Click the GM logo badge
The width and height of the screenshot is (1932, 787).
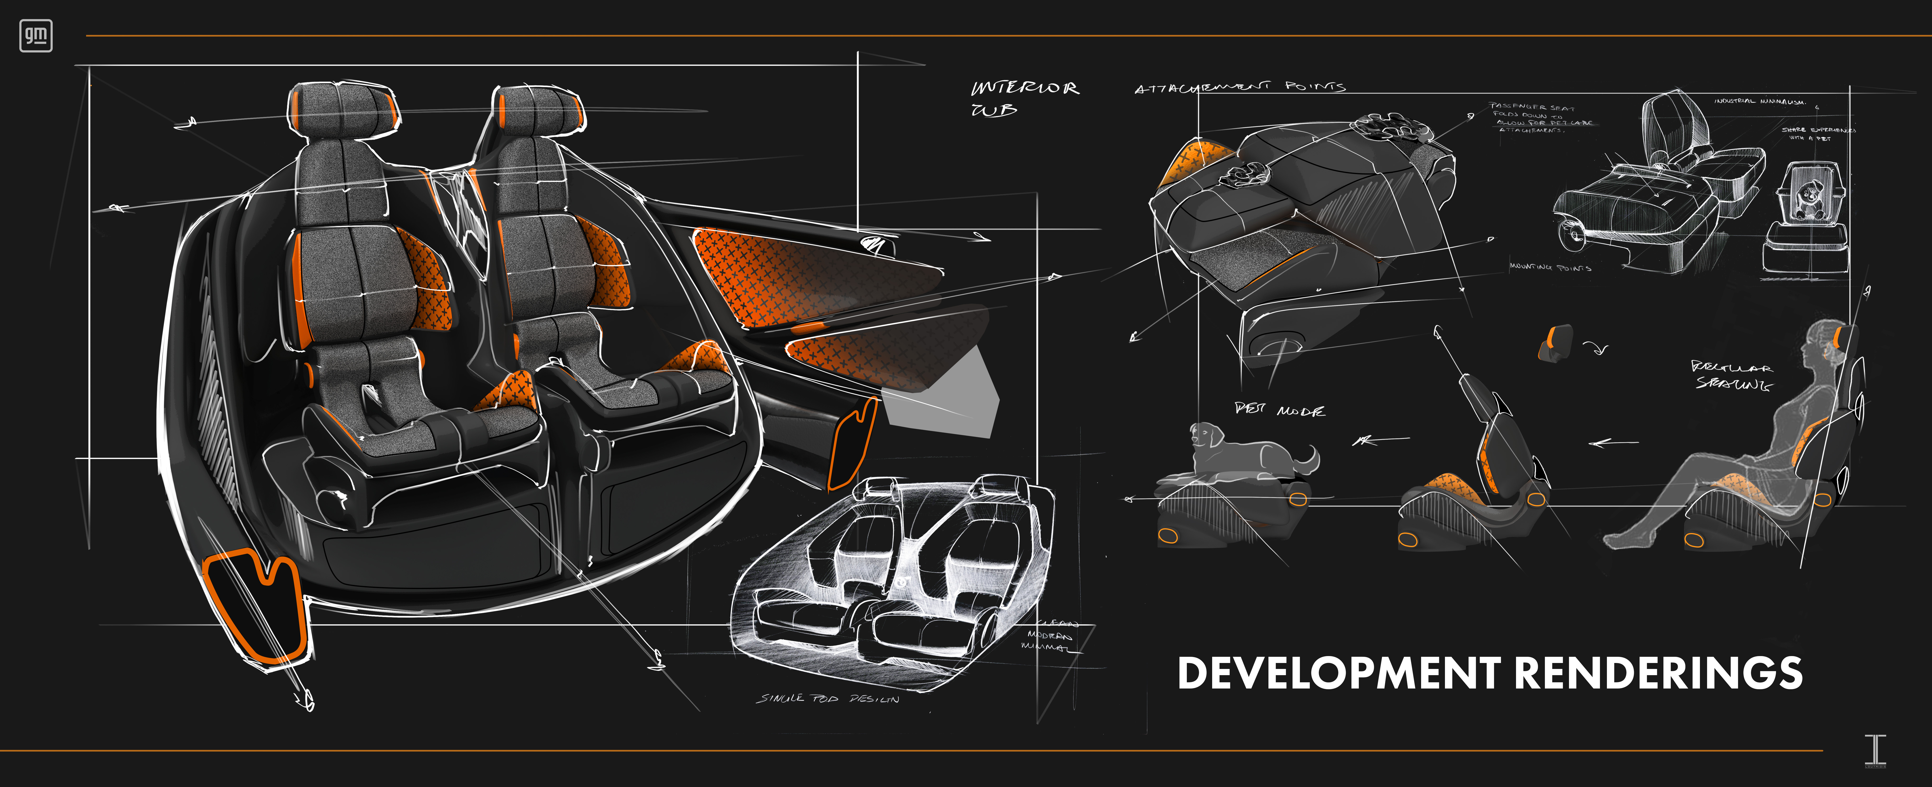pos(35,35)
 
